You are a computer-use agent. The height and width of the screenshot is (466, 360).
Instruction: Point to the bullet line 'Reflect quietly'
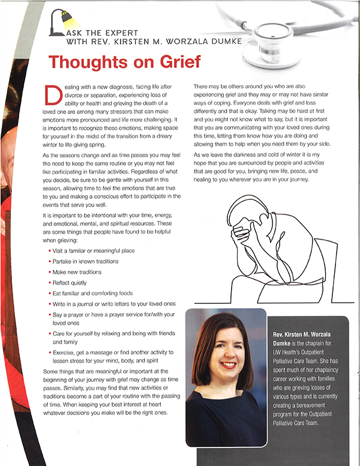tap(71, 282)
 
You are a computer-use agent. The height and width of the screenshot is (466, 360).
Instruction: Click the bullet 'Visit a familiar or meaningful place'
tap(93, 250)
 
